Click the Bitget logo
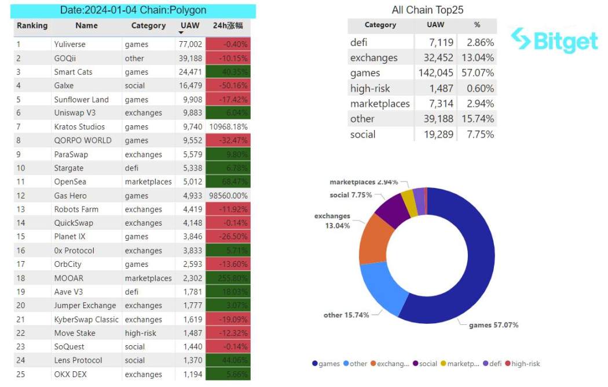point(554,40)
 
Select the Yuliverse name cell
point(69,44)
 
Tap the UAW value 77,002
point(189,44)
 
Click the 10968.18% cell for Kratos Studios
point(228,127)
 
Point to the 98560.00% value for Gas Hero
point(228,196)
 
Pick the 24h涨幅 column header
point(227,26)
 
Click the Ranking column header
point(32,26)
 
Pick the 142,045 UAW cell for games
point(435,73)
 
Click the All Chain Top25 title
point(427,10)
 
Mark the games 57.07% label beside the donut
point(493,325)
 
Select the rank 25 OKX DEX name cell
point(71,374)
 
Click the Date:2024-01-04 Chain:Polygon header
point(133,10)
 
